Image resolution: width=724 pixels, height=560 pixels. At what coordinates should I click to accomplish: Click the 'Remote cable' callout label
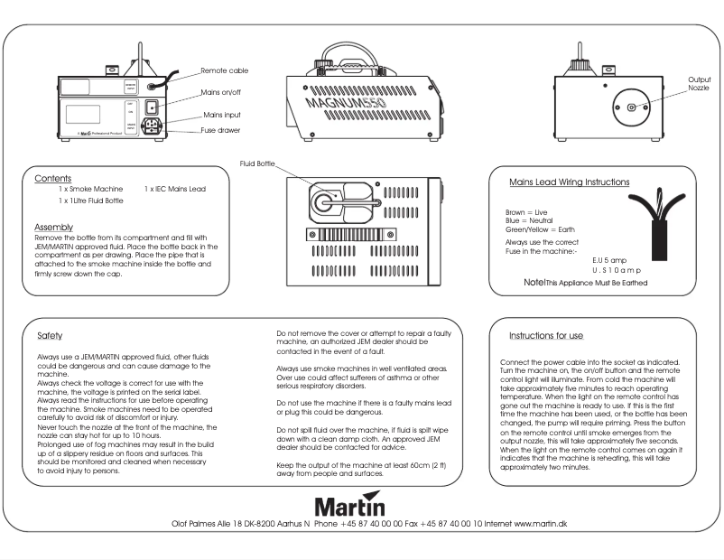coord(224,70)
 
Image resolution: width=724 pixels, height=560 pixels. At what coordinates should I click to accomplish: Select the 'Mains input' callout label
coord(221,116)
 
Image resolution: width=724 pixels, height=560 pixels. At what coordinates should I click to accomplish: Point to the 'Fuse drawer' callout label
coord(220,131)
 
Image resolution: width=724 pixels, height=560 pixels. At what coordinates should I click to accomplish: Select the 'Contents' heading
coord(53,179)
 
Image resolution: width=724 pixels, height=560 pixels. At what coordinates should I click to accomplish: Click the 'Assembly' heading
coord(53,226)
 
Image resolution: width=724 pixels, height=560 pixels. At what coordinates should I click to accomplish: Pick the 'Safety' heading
coord(50,335)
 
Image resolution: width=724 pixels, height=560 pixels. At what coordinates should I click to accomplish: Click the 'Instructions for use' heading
coord(546,335)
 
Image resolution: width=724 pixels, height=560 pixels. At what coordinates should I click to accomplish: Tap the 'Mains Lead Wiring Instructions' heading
coord(569,182)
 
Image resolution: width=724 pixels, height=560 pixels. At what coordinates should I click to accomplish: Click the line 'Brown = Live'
coord(528,211)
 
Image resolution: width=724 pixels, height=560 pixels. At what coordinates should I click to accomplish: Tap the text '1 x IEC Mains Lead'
coord(175,190)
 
